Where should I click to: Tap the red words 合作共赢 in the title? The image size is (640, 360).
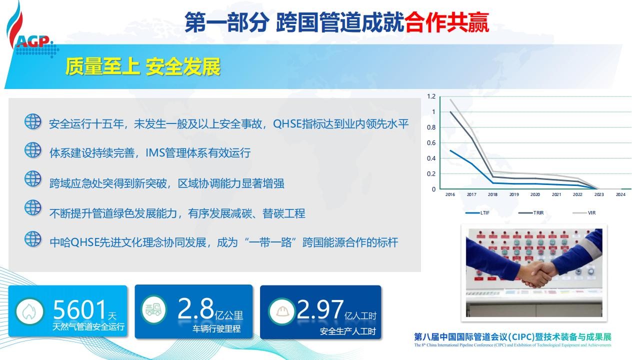pos(446,22)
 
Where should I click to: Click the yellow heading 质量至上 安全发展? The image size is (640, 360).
pos(143,67)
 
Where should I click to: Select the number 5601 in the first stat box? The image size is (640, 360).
pos(79,309)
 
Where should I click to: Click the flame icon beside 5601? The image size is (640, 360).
pos(29,311)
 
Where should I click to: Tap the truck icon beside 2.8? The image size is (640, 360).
pos(153,309)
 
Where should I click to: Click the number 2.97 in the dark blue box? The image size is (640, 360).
pos(320,309)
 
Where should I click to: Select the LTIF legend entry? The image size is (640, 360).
pos(477,213)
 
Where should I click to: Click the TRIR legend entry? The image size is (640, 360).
pos(531,213)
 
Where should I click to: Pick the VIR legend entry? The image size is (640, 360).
pos(584,213)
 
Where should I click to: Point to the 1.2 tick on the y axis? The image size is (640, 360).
pos(431,96)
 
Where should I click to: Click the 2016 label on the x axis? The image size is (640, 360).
pos(450,194)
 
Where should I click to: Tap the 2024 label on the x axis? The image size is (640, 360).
pos(620,194)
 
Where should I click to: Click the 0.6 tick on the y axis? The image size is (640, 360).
pos(431,143)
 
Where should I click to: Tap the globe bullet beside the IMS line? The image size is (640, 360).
pos(33,150)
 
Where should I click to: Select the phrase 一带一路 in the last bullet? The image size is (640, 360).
pos(270,242)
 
